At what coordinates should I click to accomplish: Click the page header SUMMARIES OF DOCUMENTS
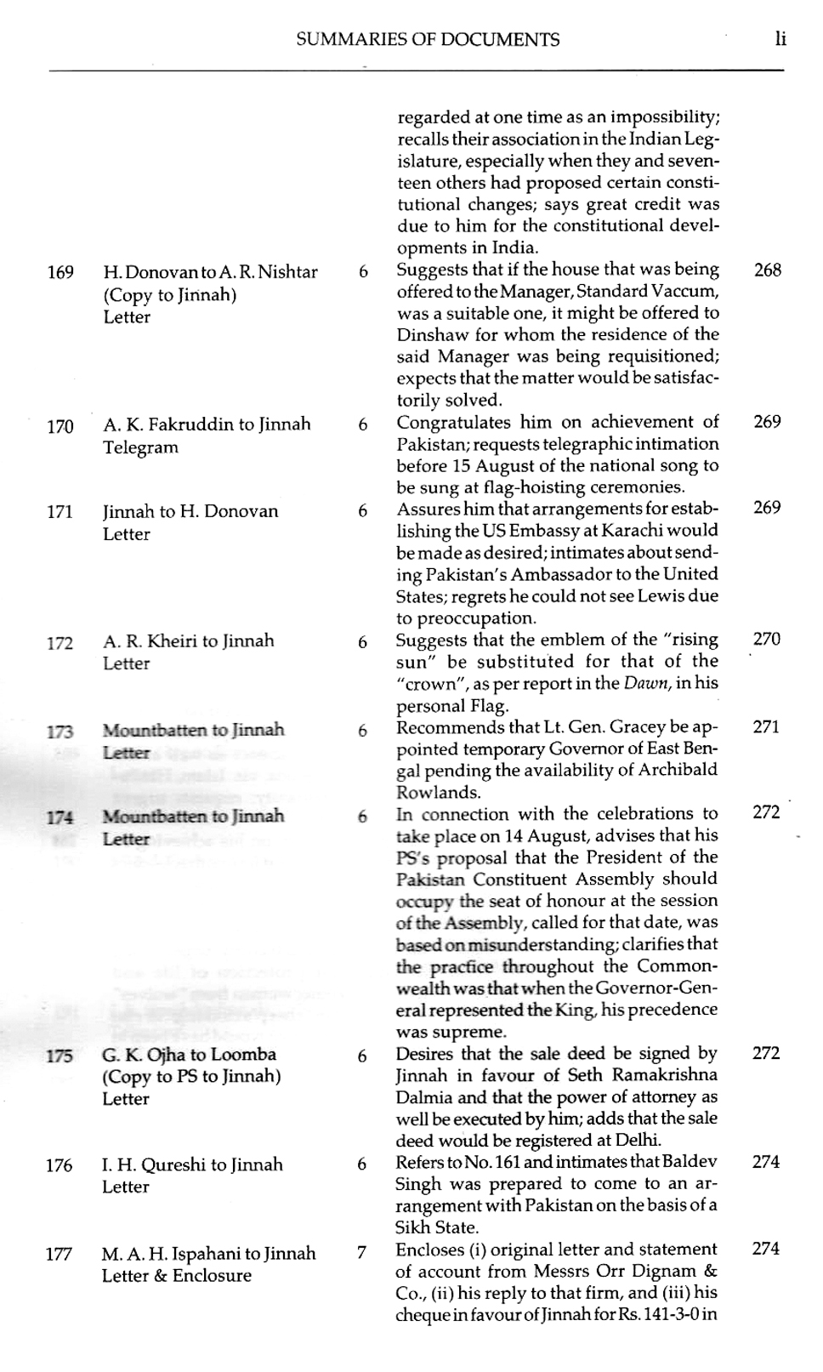tap(428, 39)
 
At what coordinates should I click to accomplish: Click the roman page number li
tap(780, 38)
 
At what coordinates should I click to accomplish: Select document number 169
tap(60, 273)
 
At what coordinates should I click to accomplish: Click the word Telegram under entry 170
tap(140, 447)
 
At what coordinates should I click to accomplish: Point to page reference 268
tap(767, 270)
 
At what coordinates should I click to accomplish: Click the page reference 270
tap(766, 639)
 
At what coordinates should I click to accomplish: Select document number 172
tap(60, 643)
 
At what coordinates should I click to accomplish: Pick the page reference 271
tap(766, 727)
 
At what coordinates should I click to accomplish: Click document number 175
tap(59, 1056)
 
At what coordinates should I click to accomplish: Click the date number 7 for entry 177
tap(361, 1252)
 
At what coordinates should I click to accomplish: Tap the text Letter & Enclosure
tap(176, 1276)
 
